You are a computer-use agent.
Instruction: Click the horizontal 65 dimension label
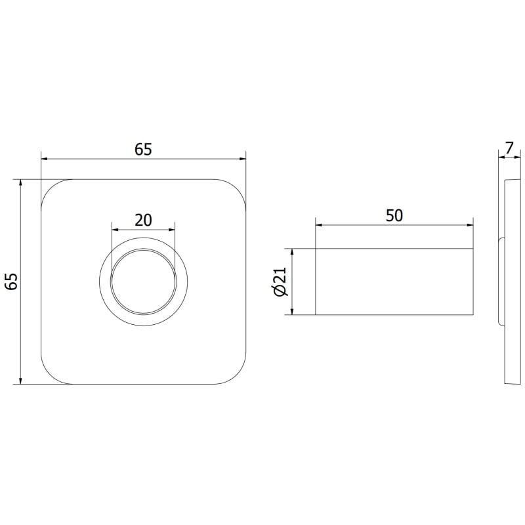pos(143,150)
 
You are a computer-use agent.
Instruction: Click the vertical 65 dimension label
pos(11,282)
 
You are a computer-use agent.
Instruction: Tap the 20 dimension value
pos(143,220)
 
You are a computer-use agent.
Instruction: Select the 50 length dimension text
pos(394,216)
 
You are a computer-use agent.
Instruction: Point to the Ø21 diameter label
pos(281,282)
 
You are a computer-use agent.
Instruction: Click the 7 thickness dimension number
pos(509,148)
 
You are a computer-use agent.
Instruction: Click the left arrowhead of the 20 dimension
pos(115,230)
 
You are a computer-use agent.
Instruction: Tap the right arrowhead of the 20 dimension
pos(171,230)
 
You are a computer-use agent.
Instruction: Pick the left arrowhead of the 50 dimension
pos(319,225)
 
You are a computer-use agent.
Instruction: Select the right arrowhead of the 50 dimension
pos(469,225)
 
